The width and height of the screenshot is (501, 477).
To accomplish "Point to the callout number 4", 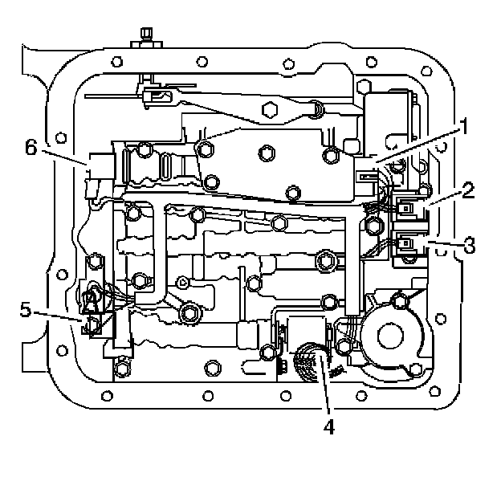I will pos(328,427).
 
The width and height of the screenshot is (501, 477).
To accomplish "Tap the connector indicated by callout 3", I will pos(408,240).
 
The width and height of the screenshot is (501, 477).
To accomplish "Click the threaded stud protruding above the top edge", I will pos(145,36).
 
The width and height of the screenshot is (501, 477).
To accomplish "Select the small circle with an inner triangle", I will pos(183,281).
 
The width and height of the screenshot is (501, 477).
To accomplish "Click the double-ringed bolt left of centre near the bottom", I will pos(190,314).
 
